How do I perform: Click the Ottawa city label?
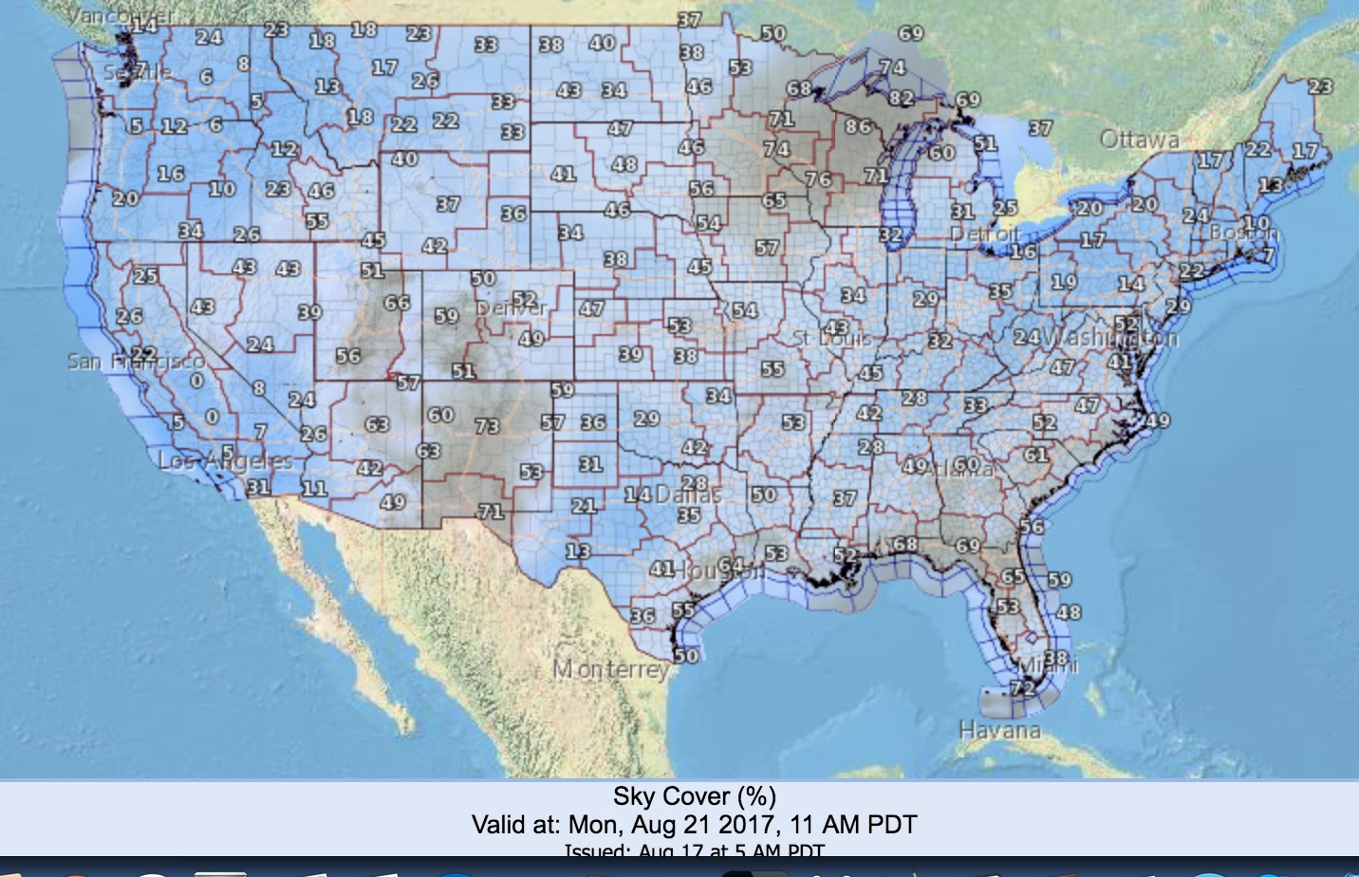pos(1139,140)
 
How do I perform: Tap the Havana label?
pos(999,730)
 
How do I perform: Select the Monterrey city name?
pos(611,669)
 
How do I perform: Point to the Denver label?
pos(512,308)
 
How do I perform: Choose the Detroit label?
pos(986,234)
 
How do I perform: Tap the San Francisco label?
pos(135,362)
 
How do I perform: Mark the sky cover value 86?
pos(858,126)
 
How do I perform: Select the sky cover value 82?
pos(901,98)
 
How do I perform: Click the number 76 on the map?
pos(818,178)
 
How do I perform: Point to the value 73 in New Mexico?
pos(487,426)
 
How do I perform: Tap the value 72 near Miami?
pos(1023,687)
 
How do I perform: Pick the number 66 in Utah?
pos(397,303)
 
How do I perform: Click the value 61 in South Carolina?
pos(1035,455)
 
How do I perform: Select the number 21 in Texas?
pos(584,506)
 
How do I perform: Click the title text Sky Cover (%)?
pos(694,796)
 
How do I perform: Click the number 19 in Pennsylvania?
pos(1064,281)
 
